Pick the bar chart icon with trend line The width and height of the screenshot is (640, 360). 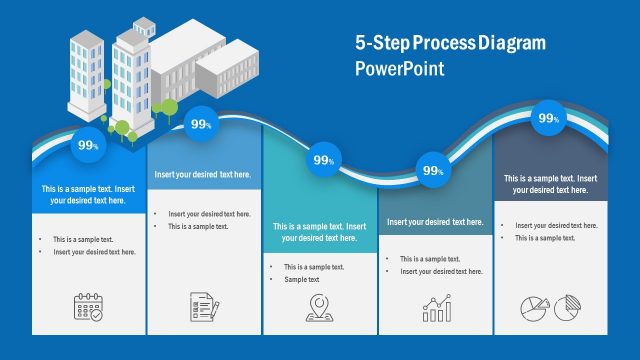tap(436, 309)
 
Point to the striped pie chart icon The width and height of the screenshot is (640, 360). tap(569, 308)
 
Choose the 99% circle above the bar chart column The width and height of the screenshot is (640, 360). tap(433, 170)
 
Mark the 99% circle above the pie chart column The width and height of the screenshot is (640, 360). tap(549, 118)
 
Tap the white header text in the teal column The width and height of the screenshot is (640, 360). tap(319, 232)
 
